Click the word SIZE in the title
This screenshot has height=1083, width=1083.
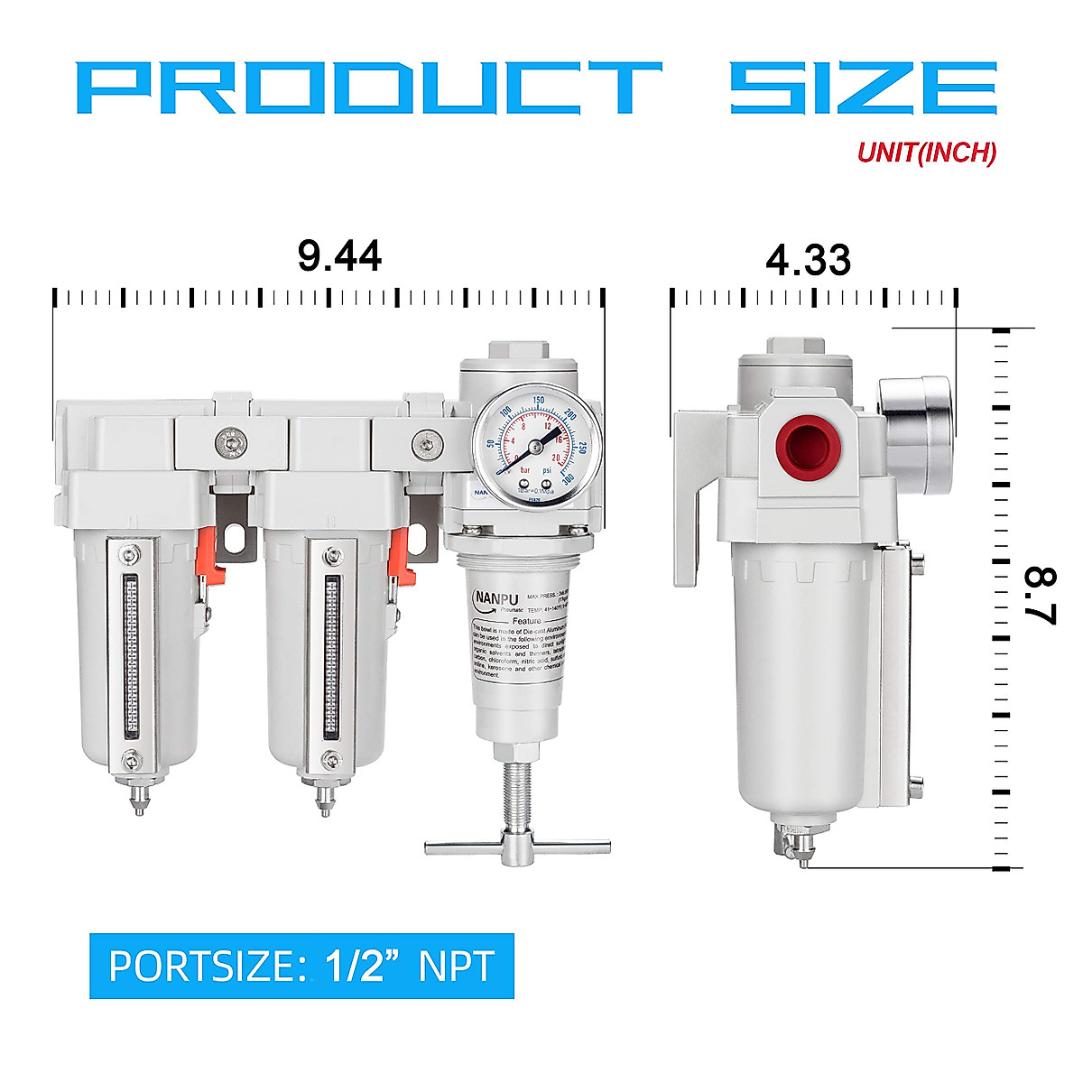(x=863, y=87)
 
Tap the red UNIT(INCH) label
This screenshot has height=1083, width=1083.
(x=926, y=153)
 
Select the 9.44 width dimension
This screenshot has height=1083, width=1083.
(x=339, y=256)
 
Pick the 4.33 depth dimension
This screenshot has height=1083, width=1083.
(x=808, y=261)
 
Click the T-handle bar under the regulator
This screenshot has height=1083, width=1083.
(x=518, y=847)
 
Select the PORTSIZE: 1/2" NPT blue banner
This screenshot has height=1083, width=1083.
(x=301, y=966)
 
